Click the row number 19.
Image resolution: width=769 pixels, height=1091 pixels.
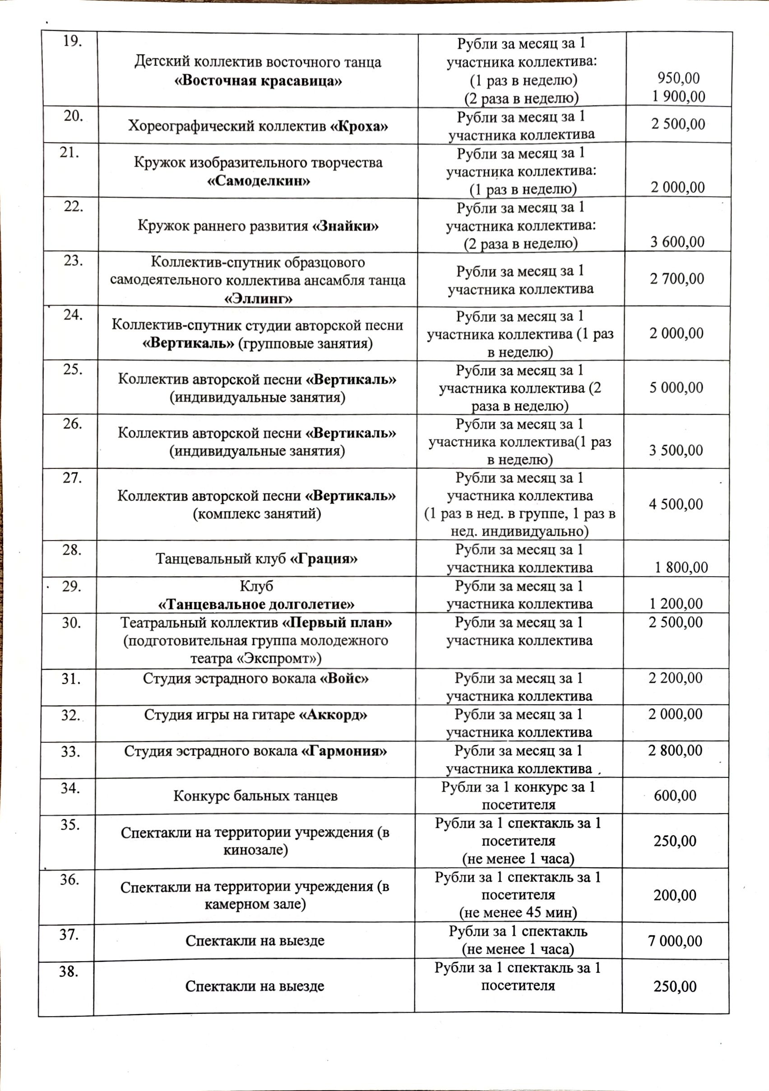click(72, 42)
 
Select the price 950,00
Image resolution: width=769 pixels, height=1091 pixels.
click(678, 78)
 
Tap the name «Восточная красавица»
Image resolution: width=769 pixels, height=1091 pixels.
click(258, 80)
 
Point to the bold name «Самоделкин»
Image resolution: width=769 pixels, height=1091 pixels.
click(259, 181)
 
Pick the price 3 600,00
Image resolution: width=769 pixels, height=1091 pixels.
click(677, 242)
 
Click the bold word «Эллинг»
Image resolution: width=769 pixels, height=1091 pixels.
click(258, 298)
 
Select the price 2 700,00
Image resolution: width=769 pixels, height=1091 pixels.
click(677, 278)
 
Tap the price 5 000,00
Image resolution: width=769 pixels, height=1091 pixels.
click(676, 387)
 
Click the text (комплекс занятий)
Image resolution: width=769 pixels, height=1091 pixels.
click(257, 513)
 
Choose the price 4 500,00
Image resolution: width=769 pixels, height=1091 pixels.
click(676, 504)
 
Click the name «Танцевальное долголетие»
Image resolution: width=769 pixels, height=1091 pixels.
click(256, 605)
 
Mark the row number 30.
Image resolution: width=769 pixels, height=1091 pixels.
click(71, 623)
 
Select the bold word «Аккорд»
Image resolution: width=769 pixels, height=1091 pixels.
click(333, 715)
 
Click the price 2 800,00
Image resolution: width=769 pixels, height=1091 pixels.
click(675, 751)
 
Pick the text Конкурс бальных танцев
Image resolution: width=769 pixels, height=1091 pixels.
click(255, 796)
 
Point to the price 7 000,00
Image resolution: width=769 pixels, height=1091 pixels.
click(675, 941)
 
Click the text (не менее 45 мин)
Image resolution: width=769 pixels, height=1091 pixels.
click(518, 913)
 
